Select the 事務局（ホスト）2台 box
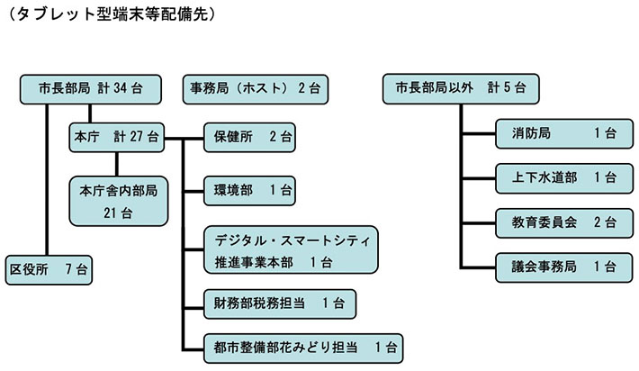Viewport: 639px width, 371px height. [256, 88]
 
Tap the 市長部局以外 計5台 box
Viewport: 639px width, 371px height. [461, 88]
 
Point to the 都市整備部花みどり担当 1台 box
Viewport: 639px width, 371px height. [303, 346]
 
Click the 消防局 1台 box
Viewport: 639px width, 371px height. [558, 133]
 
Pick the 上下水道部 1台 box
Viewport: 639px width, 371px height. [558, 176]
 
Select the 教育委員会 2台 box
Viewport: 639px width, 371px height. [558, 221]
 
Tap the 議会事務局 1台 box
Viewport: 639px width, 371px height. [558, 266]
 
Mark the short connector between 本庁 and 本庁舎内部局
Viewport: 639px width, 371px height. [117, 164]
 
